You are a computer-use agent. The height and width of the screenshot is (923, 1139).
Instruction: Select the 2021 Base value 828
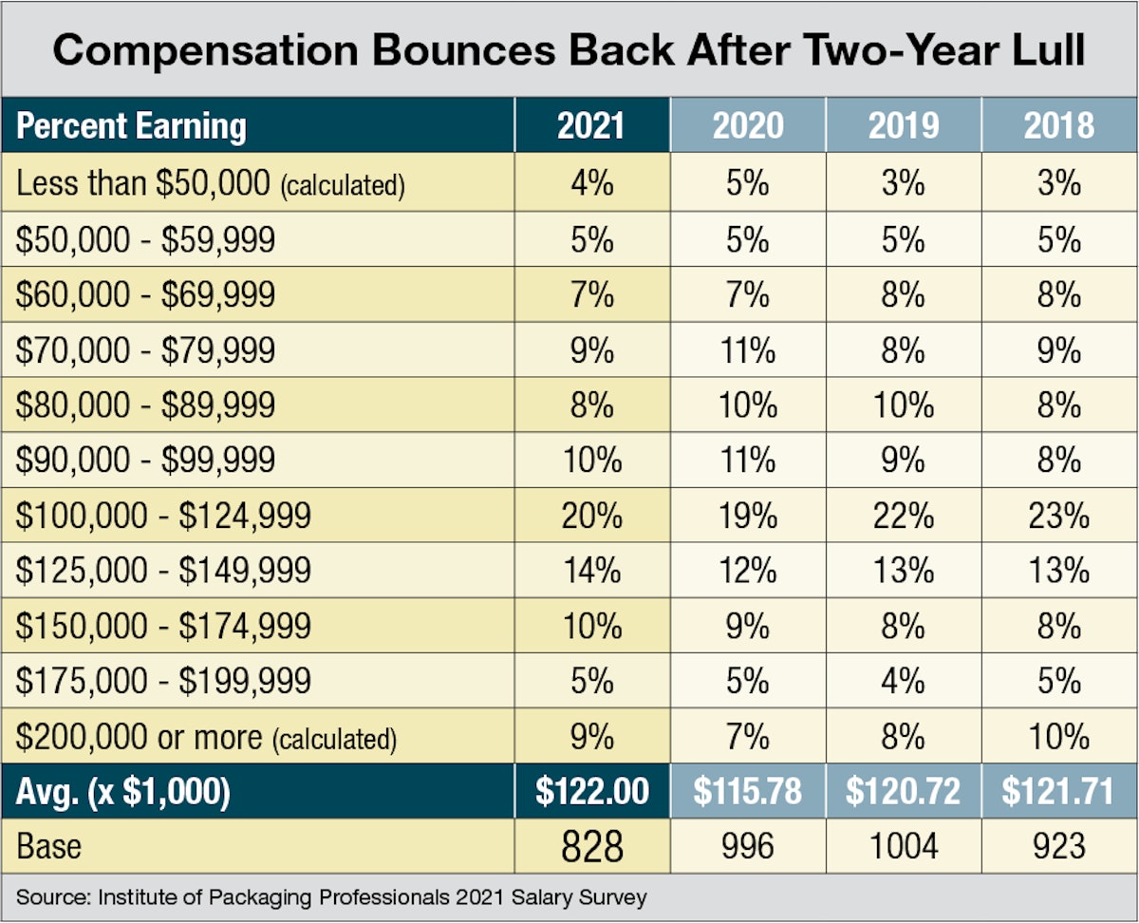(591, 846)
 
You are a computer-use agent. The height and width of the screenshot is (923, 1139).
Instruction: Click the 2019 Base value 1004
(903, 846)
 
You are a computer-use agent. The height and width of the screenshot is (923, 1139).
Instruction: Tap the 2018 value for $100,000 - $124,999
(1058, 516)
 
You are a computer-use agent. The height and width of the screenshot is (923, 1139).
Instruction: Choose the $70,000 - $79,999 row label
(145, 350)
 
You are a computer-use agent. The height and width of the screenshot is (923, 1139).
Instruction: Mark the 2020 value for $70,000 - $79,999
(747, 350)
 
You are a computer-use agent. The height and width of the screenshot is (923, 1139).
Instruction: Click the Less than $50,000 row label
(210, 183)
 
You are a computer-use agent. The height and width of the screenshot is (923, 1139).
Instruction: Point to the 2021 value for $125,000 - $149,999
(591, 571)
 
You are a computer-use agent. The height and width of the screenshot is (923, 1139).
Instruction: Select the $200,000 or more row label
(205, 736)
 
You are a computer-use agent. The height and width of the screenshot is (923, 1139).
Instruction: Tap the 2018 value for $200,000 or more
(1058, 736)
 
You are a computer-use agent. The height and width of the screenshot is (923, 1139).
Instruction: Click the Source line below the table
(331, 896)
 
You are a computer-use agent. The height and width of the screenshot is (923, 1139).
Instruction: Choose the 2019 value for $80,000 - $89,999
(903, 405)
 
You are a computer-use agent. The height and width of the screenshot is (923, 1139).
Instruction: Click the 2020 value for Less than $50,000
(747, 183)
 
